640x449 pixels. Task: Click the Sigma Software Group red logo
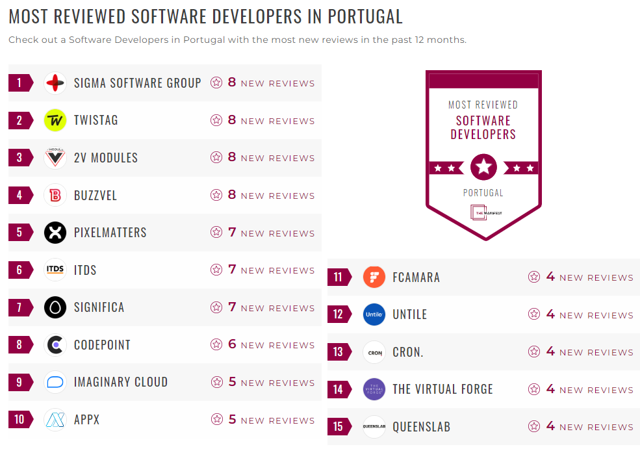click(x=55, y=83)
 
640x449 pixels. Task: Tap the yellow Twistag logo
click(x=55, y=120)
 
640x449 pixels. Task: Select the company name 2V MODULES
click(x=106, y=158)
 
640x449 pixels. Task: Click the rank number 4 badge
click(x=19, y=195)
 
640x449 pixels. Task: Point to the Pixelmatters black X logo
click(x=55, y=233)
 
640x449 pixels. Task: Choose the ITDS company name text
click(x=85, y=270)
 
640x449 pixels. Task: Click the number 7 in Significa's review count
click(x=232, y=307)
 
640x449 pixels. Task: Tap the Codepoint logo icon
click(x=55, y=345)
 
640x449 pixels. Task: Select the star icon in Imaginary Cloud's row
click(x=216, y=382)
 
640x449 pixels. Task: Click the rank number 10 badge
click(x=19, y=420)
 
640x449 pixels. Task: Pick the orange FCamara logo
click(x=374, y=277)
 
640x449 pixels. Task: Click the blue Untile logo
click(x=374, y=314)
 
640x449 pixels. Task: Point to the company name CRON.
click(x=408, y=352)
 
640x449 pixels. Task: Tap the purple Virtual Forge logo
click(x=374, y=389)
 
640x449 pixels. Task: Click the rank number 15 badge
click(x=338, y=427)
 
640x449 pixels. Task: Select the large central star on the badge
click(x=483, y=168)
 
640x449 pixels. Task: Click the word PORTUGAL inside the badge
click(x=483, y=193)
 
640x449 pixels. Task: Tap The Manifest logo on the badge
click(x=483, y=213)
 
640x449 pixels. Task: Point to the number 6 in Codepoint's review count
click(x=232, y=344)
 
